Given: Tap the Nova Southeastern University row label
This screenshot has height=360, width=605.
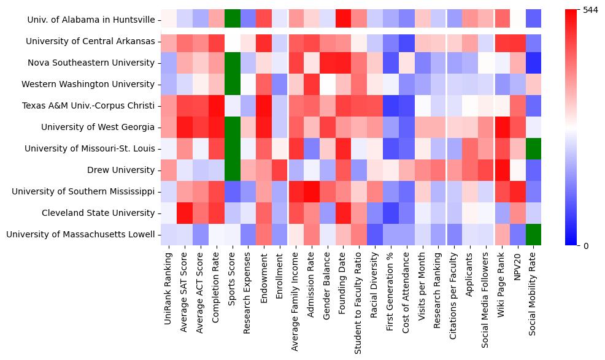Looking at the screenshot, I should (91, 63).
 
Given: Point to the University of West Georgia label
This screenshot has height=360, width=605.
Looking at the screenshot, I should (98, 127).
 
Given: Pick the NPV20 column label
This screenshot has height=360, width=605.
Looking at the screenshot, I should (518, 265).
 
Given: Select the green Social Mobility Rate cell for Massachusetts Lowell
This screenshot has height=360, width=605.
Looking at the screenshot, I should (534, 234).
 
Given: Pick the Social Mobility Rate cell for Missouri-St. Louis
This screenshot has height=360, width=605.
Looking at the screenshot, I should (534, 148).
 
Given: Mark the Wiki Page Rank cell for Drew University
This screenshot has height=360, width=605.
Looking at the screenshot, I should (503, 170).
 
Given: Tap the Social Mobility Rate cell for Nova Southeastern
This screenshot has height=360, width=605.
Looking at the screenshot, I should (534, 63).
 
